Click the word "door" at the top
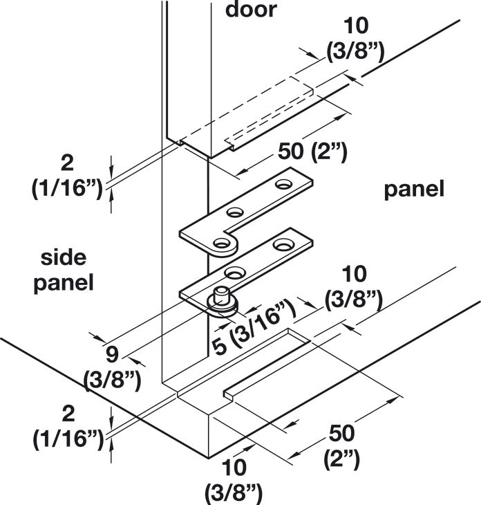click(251, 10)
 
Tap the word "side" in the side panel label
click(64, 257)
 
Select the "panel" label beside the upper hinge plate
click(415, 190)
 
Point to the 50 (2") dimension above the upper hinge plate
click(312, 152)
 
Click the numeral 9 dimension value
click(112, 354)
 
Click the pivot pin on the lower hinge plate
click(220, 297)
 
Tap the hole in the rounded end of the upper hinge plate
click(220, 242)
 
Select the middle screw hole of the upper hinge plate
click(234, 212)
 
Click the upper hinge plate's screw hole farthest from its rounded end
click(284, 184)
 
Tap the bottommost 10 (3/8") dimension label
click(234, 481)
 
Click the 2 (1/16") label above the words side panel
click(67, 176)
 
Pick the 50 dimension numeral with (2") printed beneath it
click(341, 433)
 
